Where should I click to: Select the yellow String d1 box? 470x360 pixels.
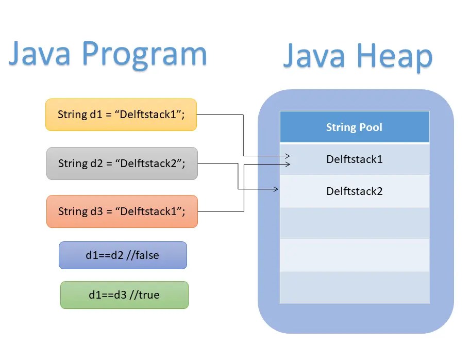point(121,114)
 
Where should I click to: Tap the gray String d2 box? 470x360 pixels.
point(122,163)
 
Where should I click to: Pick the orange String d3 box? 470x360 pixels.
point(122,211)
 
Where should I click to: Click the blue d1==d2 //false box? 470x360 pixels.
point(123,255)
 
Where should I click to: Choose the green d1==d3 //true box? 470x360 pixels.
point(124,295)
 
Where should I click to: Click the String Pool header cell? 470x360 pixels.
point(354,127)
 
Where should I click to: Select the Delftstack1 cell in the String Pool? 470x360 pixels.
point(354,159)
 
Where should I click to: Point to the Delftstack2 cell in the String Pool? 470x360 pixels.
point(354,191)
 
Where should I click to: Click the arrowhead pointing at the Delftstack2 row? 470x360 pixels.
point(276,189)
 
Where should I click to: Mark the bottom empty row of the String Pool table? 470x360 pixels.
point(354,287)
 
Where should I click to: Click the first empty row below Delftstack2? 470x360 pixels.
point(354,223)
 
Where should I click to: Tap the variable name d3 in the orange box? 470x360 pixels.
point(96,211)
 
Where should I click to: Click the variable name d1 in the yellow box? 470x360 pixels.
point(95,114)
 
